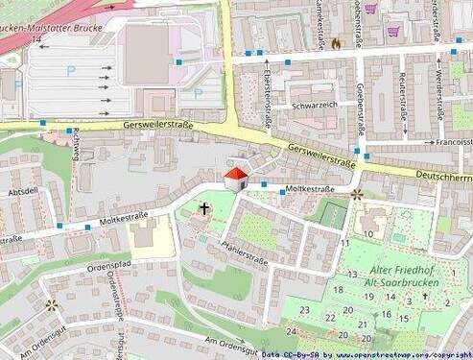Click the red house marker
click(235, 178)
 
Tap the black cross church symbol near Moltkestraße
click(203, 207)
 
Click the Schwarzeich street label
click(315, 106)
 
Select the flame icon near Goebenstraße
click(335, 43)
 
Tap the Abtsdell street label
click(22, 191)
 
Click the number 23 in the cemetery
click(304, 309)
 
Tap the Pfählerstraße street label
click(244, 252)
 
